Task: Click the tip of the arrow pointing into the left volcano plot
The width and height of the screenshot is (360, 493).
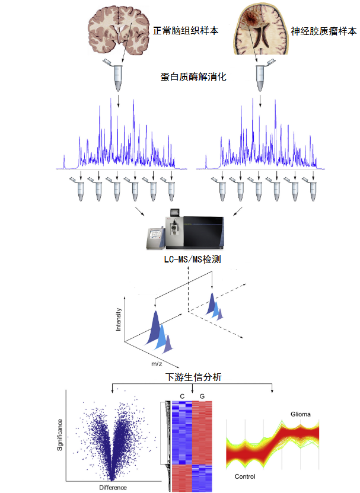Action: pyautogui.click(x=113, y=392)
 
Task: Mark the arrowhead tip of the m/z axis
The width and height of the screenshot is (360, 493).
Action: pyautogui.click(x=179, y=367)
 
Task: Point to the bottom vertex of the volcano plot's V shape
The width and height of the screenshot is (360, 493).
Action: pyautogui.click(x=111, y=480)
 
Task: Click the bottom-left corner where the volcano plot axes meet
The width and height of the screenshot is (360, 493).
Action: pyautogui.click(x=66, y=481)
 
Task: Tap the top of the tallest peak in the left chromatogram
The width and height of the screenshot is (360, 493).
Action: pyautogui.click(x=111, y=98)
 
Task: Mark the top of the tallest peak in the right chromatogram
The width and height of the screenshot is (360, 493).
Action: pyautogui.click(x=253, y=98)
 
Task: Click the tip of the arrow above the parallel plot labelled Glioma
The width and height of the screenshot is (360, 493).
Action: pyautogui.click(x=272, y=392)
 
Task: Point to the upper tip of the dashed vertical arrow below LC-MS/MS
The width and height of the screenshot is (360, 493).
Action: pyautogui.click(x=188, y=267)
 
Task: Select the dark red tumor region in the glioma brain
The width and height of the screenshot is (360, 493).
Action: pyautogui.click(x=250, y=18)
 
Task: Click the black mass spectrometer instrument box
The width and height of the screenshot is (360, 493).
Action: pyautogui.click(x=203, y=232)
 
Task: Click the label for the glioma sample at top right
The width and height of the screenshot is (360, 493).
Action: pyautogui.click(x=324, y=31)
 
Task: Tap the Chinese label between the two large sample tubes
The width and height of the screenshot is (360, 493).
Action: pyautogui.click(x=193, y=76)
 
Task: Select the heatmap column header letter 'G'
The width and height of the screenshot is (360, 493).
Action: pyautogui.click(x=202, y=396)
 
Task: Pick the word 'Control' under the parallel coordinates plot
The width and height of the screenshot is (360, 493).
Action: pyautogui.click(x=245, y=476)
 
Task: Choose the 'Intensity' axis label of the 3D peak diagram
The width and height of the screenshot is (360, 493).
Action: pyautogui.click(x=119, y=319)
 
